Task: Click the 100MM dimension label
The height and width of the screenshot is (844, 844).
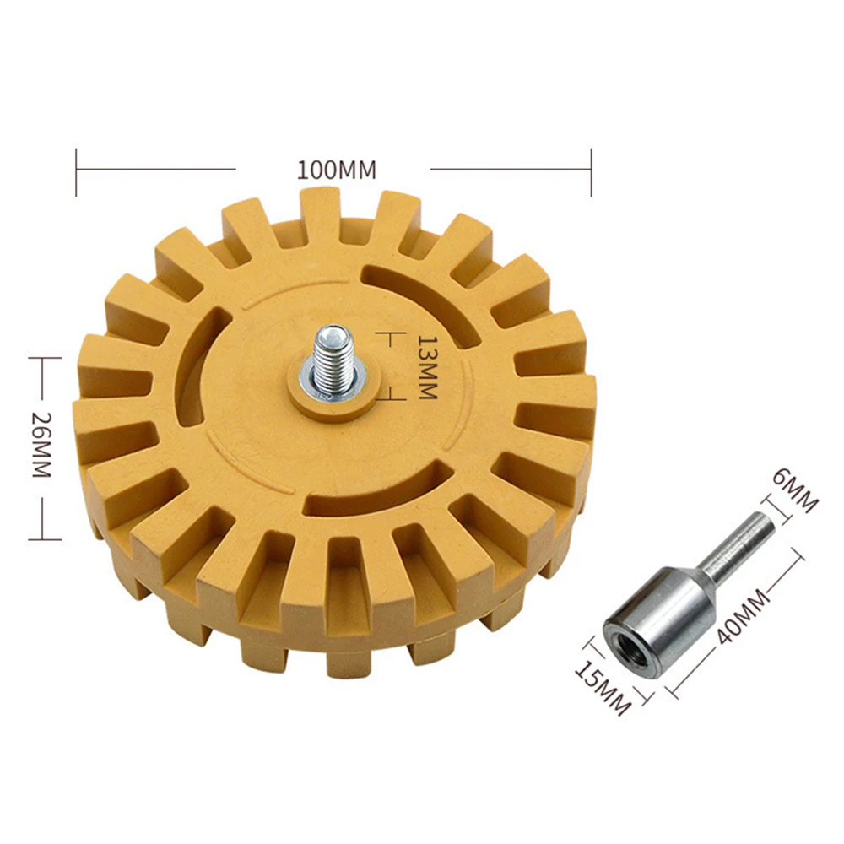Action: [337, 170]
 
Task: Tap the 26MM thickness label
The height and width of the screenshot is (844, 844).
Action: [41, 445]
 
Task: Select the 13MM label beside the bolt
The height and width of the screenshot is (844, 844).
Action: [427, 368]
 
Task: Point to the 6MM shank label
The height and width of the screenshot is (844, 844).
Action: [795, 490]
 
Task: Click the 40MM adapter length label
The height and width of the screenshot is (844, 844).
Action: [744, 617]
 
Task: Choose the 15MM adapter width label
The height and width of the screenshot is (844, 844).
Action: [603, 687]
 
